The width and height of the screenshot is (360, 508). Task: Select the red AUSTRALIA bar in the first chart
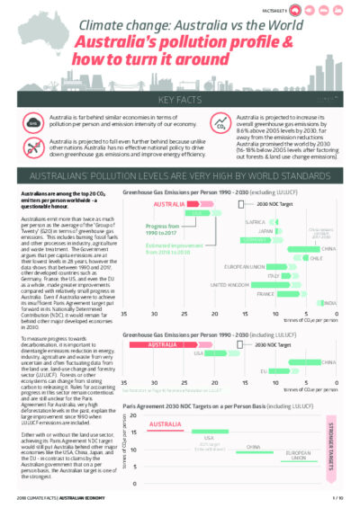tap(190, 204)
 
